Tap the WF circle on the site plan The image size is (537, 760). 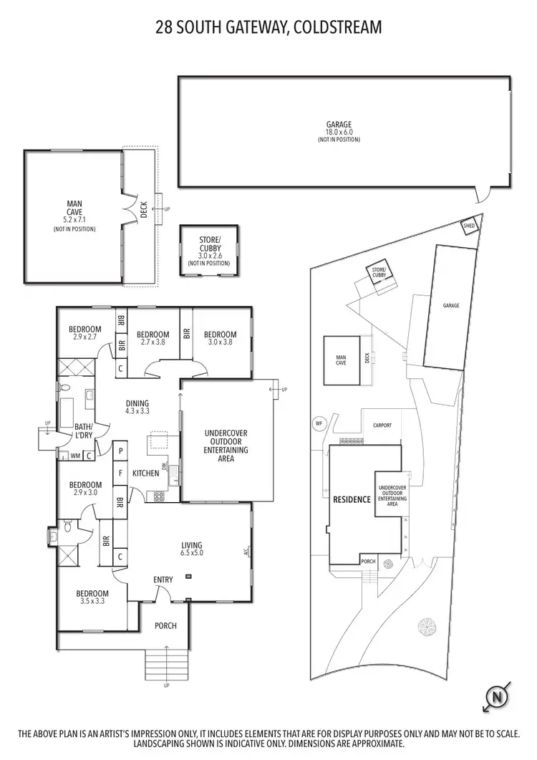click(x=319, y=423)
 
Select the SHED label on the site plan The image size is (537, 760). click(x=470, y=226)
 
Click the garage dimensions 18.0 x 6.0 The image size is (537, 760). click(x=339, y=132)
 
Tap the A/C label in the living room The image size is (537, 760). click(x=246, y=552)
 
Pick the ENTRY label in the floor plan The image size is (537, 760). click(x=163, y=579)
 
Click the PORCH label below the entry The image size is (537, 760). click(x=165, y=625)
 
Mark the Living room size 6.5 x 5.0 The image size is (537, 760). click(x=192, y=552)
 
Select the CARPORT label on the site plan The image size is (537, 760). click(x=382, y=425)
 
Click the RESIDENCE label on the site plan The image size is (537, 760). click(x=351, y=499)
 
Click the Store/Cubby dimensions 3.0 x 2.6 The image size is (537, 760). click(x=210, y=256)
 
